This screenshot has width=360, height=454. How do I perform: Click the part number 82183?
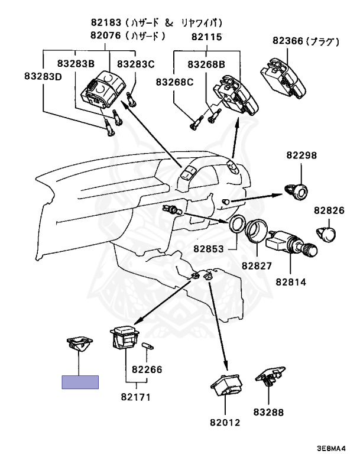pyautogui.click(x=106, y=22)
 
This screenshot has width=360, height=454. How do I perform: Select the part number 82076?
pyautogui.click(x=105, y=35)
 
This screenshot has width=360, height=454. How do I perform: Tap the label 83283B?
pyautogui.click(x=76, y=63)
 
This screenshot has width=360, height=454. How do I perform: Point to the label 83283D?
pyautogui.click(x=43, y=76)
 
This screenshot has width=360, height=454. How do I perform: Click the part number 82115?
pyautogui.click(x=206, y=37)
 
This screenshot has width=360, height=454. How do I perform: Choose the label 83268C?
pyautogui.click(x=174, y=82)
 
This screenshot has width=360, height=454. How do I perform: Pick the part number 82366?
pyautogui.click(x=288, y=41)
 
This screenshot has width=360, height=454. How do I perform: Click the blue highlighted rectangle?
pyautogui.click(x=80, y=382)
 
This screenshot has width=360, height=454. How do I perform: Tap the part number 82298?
pyautogui.click(x=302, y=155)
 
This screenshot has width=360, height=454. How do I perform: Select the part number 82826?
pyautogui.click(x=329, y=210)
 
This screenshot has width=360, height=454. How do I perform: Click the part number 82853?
pyautogui.click(x=209, y=249)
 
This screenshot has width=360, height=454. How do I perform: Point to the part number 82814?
pyautogui.click(x=291, y=282)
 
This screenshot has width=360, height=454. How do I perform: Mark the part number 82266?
pyautogui.click(x=147, y=369)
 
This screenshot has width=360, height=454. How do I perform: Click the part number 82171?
pyautogui.click(x=136, y=397)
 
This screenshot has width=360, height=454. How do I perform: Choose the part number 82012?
pyautogui.click(x=225, y=423)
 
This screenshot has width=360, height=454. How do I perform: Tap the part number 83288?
pyautogui.click(x=268, y=411)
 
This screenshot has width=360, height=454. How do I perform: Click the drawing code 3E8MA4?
pyautogui.click(x=331, y=448)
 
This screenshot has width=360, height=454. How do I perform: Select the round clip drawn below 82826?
pyautogui.click(x=326, y=234)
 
